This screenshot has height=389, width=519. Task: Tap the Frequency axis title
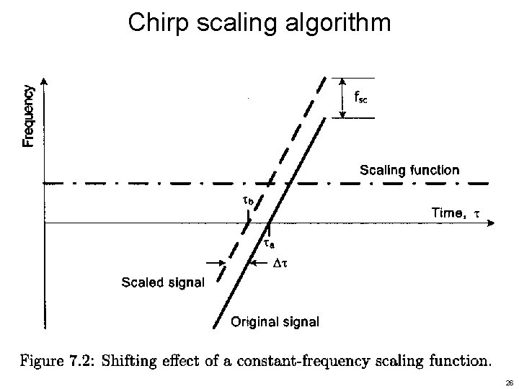(x=28, y=115)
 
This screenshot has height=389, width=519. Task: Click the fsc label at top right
(x=361, y=97)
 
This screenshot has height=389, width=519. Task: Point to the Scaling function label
(x=409, y=171)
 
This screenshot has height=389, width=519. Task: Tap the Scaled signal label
(x=162, y=281)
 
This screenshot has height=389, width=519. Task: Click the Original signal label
(x=274, y=321)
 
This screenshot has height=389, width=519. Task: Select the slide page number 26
(x=507, y=383)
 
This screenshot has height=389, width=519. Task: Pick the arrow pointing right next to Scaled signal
(x=213, y=264)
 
